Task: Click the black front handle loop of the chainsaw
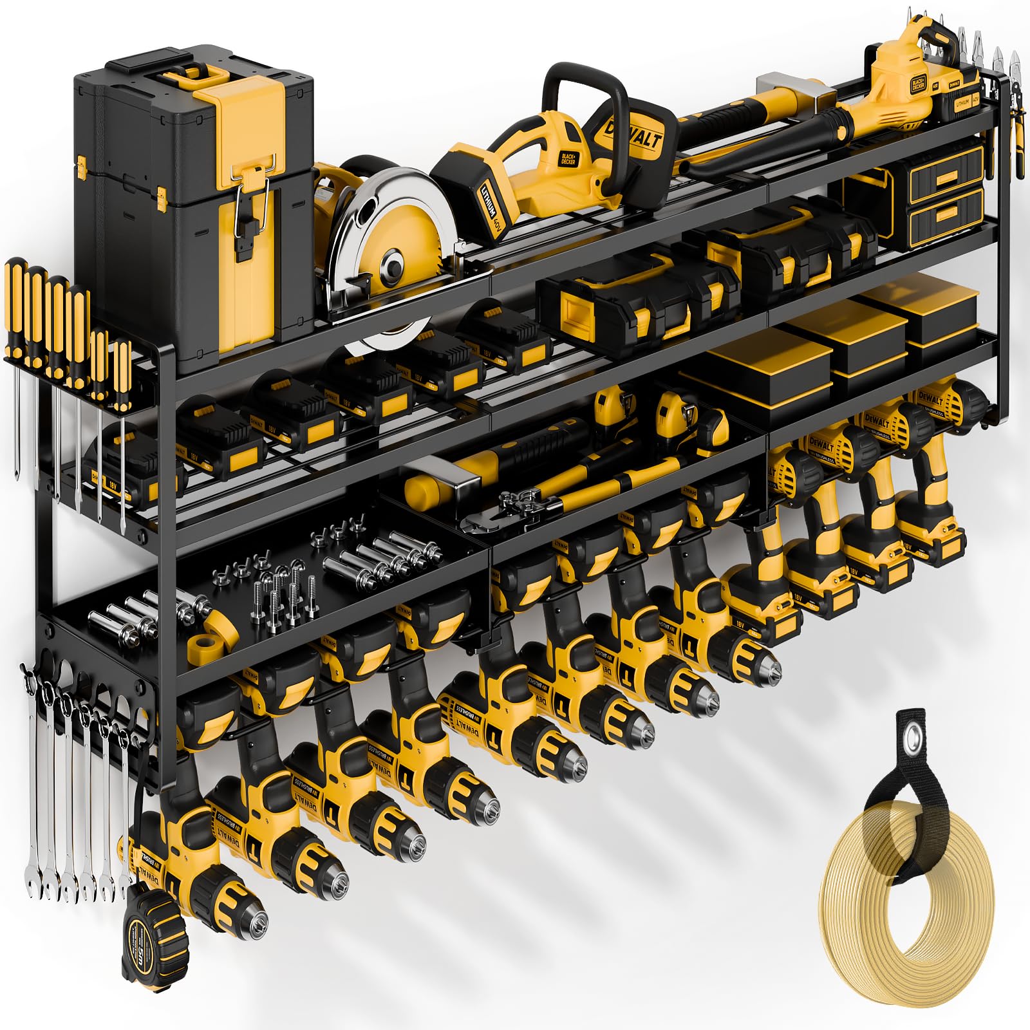(x=583, y=90)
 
